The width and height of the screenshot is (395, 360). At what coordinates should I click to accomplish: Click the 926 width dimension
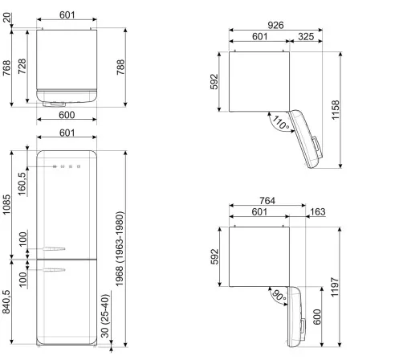(x=277, y=26)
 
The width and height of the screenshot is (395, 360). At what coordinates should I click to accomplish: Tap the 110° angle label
(x=279, y=123)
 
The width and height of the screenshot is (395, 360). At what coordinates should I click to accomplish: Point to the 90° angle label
(x=277, y=295)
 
